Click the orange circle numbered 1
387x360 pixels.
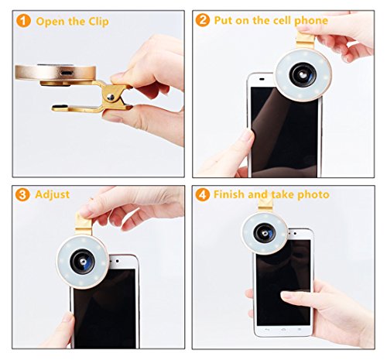click(23, 21)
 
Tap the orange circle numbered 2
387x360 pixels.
click(203, 20)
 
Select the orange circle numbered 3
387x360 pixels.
click(22, 194)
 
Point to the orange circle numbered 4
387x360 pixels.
click(203, 194)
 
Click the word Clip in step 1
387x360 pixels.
click(98, 22)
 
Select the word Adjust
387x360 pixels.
click(53, 195)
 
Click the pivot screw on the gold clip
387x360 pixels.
click(111, 97)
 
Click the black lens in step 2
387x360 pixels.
click(303, 74)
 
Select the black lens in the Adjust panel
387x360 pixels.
click(82, 262)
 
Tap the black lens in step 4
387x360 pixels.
click(265, 233)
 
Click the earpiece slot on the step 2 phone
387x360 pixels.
click(262, 79)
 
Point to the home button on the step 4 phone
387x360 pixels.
click(283, 330)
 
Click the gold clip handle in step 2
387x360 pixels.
click(306, 40)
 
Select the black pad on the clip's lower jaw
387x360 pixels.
click(60, 106)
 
